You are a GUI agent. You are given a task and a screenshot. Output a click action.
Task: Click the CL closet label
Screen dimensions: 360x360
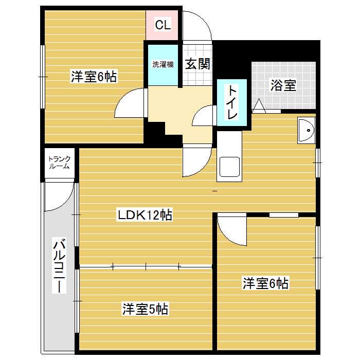pos(163,25)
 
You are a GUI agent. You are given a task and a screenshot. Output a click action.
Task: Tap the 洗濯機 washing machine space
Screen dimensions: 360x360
pos(163,65)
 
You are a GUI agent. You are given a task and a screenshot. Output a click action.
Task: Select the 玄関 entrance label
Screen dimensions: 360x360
pos(197,64)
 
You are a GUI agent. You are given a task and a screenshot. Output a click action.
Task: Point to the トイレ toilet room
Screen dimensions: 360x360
pos(232,102)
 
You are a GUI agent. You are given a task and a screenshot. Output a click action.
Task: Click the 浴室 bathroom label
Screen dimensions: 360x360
pos(283,85)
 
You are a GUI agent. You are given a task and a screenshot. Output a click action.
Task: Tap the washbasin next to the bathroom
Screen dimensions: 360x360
pos(307,130)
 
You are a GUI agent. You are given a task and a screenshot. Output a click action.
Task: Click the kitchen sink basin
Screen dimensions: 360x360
pos(229,167)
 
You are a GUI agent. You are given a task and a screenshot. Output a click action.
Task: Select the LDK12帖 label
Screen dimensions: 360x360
pos(145,215)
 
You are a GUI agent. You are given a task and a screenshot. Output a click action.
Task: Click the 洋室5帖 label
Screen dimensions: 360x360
pos(145,309)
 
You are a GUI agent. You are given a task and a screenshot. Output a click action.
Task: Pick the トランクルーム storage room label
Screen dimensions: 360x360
pos(59,163)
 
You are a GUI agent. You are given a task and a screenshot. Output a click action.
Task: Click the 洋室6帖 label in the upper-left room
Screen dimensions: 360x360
pos(94,77)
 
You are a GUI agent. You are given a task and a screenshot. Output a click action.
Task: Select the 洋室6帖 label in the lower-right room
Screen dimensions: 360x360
pos(265,283)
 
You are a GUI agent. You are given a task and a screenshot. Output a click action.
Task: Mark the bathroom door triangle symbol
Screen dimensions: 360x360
pos(259,106)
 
